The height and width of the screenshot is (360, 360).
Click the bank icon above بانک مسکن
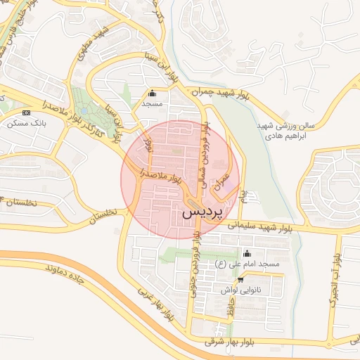(x=27, y=112)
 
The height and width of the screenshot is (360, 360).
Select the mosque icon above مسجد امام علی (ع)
(x=246, y=254)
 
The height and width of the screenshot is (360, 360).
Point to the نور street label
(x=147, y=145)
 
